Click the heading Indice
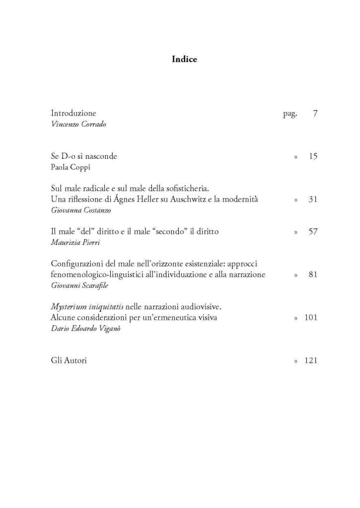pyautogui.click(x=184, y=60)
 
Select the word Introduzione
pyautogui.click(x=73, y=114)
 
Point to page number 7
pyautogui.click(x=315, y=114)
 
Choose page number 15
pyautogui.click(x=312, y=156)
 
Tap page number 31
pyautogui.click(x=312, y=200)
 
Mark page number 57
pyautogui.click(x=312, y=231)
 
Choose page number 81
pyautogui.click(x=312, y=275)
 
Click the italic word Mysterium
pyautogui.click(x=70, y=307)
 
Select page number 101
pyautogui.click(x=311, y=317)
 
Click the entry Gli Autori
pyautogui.click(x=69, y=361)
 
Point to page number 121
pyautogui.click(x=311, y=361)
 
